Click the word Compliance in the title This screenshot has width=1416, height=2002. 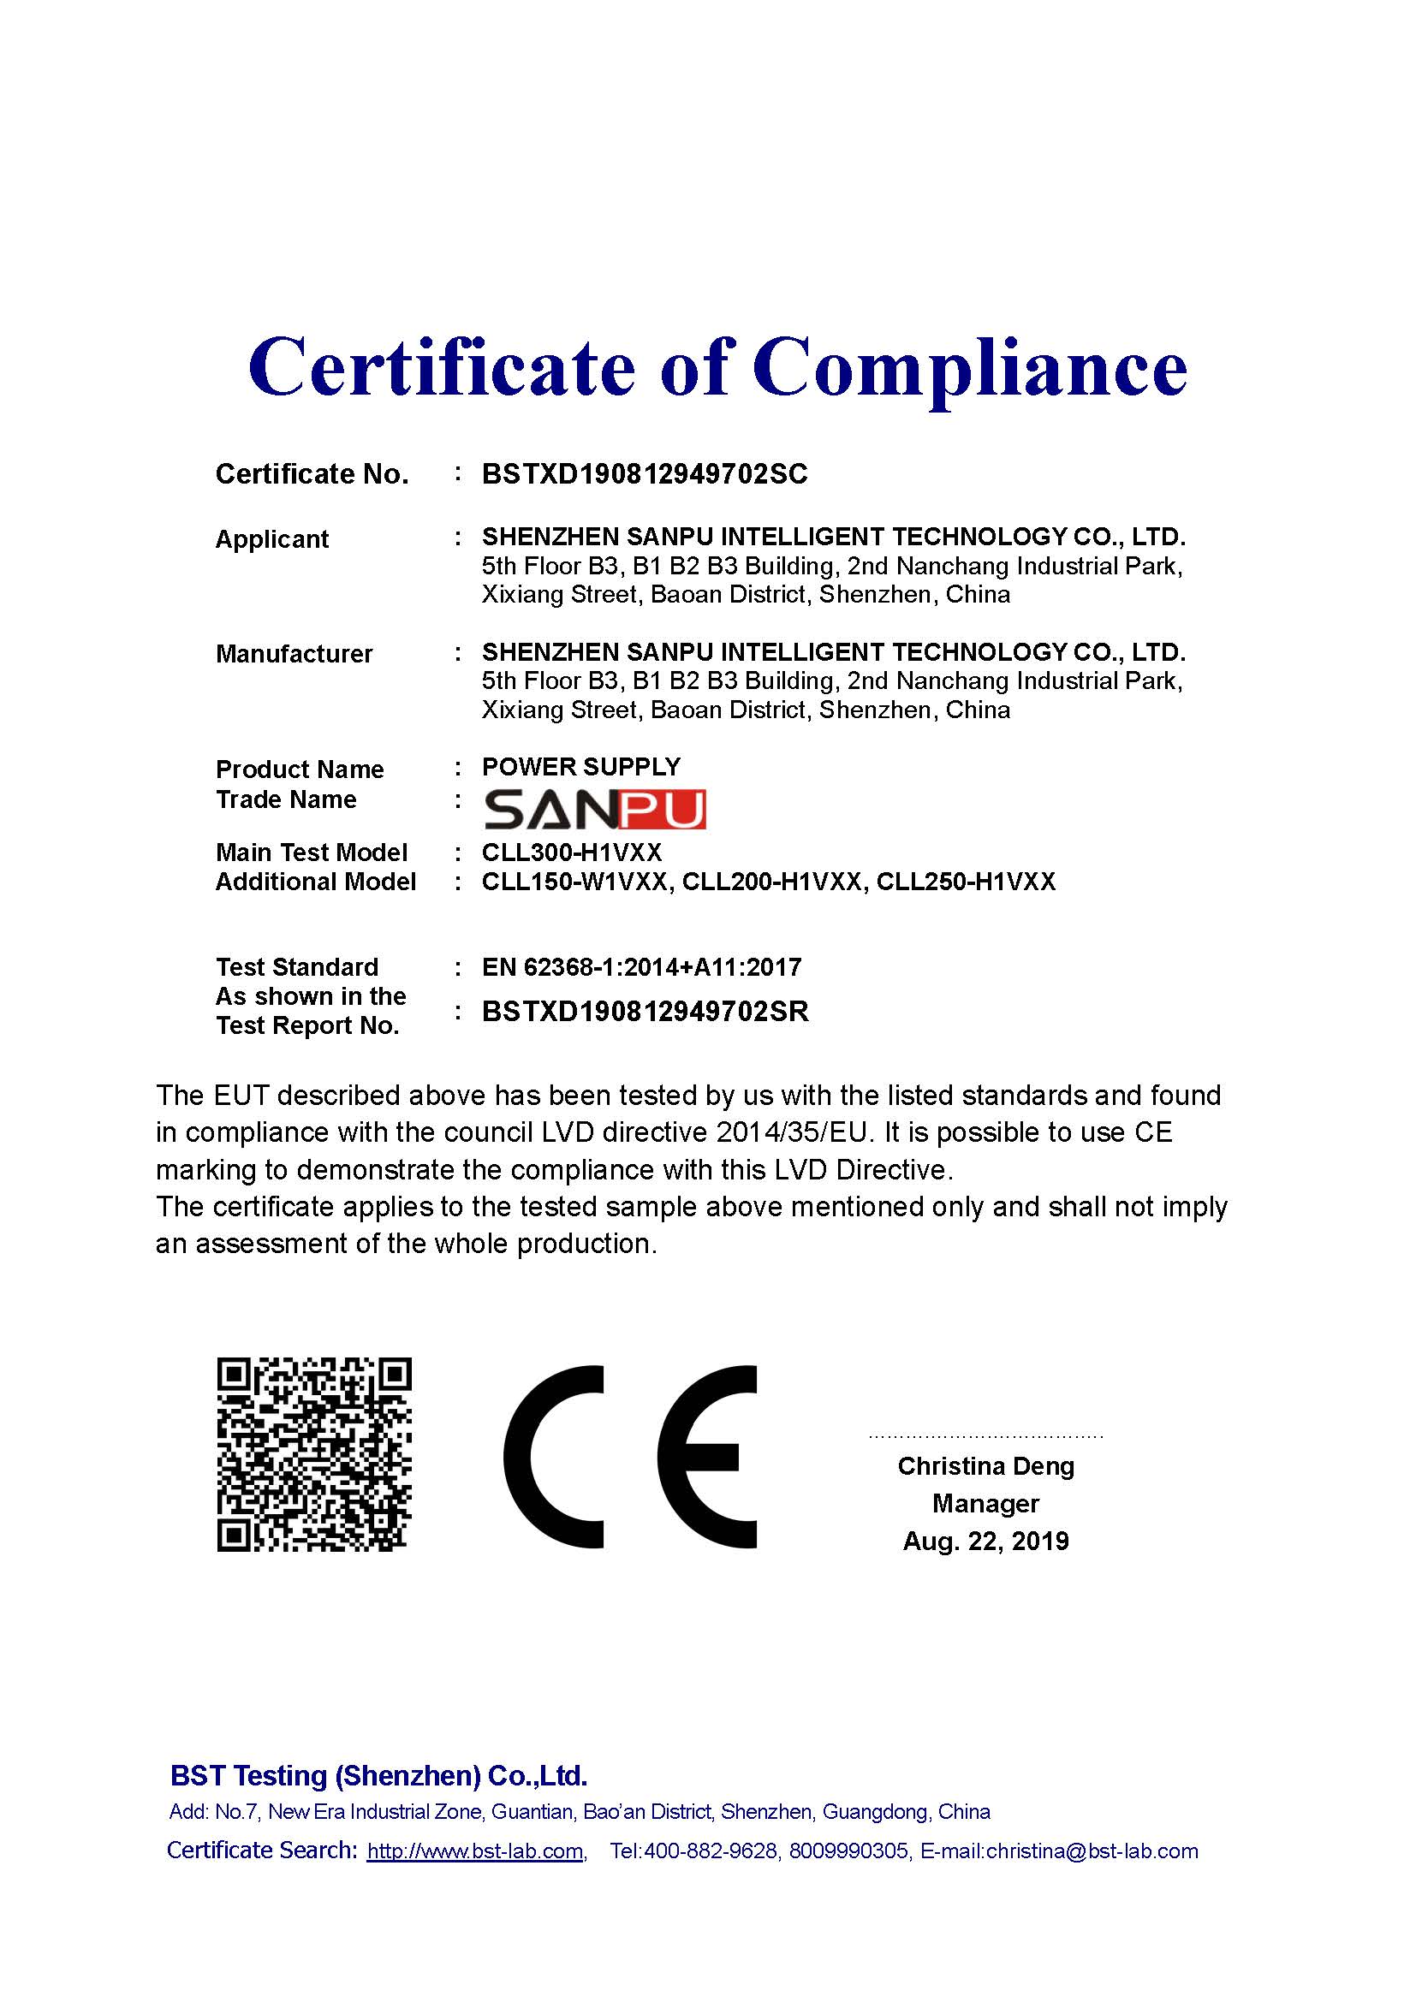click(x=970, y=366)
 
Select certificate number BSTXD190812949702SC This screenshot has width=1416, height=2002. click(x=645, y=474)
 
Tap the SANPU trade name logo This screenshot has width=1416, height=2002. click(x=594, y=809)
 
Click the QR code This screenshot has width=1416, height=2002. click(x=314, y=1454)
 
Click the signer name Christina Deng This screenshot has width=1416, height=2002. click(x=985, y=1465)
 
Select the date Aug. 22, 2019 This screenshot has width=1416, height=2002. click(x=985, y=1541)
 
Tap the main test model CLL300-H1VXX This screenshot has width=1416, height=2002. click(x=572, y=852)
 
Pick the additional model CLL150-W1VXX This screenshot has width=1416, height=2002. click(x=576, y=882)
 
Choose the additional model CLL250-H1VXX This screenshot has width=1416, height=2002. click(x=965, y=882)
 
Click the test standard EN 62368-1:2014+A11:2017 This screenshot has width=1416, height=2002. click(x=641, y=967)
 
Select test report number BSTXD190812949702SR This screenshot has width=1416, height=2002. click(x=646, y=1012)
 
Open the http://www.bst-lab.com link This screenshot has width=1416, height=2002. click(x=475, y=1851)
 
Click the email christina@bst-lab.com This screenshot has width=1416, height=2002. click(x=1092, y=1851)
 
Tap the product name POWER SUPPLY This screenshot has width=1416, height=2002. click(x=580, y=766)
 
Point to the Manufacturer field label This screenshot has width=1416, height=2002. click(x=294, y=654)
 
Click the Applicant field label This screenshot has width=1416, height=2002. click(x=272, y=539)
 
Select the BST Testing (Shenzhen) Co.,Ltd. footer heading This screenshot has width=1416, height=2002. click(x=378, y=1775)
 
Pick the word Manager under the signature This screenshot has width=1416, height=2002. click(x=985, y=1503)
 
